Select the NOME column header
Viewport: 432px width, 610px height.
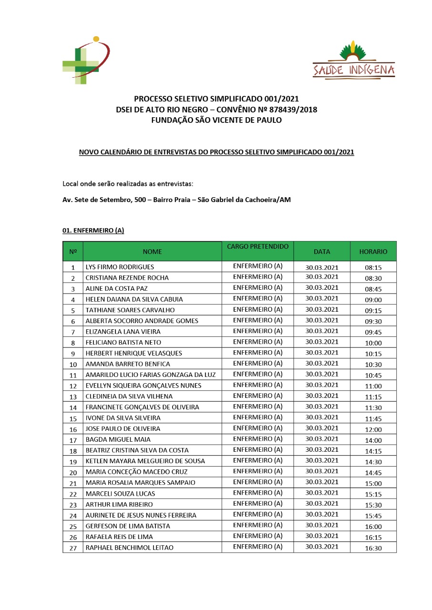pos(152,252)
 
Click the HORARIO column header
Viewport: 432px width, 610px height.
pos(373,252)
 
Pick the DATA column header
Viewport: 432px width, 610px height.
pos(322,252)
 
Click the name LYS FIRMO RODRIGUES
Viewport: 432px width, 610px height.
pos(120,267)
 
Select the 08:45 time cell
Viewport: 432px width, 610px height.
pos(373,289)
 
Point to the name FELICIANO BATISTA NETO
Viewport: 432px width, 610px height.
pos(123,343)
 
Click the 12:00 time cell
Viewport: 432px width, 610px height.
pos(373,429)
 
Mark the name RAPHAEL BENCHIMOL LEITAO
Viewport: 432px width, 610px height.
pos(129,548)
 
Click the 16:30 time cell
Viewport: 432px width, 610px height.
pos(373,549)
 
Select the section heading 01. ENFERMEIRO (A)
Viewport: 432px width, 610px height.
pos(93,231)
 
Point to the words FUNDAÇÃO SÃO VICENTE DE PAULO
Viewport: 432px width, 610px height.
pos(216,120)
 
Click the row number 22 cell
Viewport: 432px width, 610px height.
pos(73,494)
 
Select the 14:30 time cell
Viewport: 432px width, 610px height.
pos(373,462)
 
